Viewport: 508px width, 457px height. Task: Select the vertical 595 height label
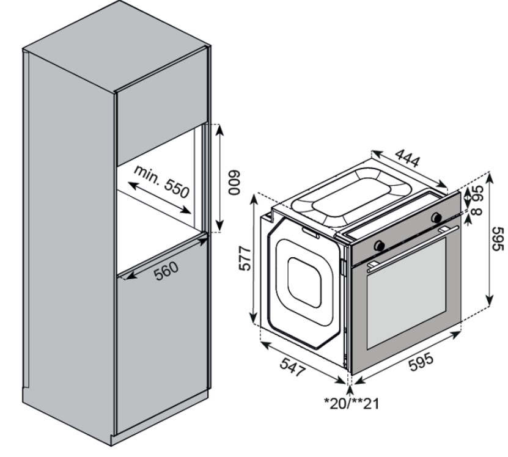[x=498, y=239]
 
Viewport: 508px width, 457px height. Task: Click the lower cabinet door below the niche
[x=158, y=342]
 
